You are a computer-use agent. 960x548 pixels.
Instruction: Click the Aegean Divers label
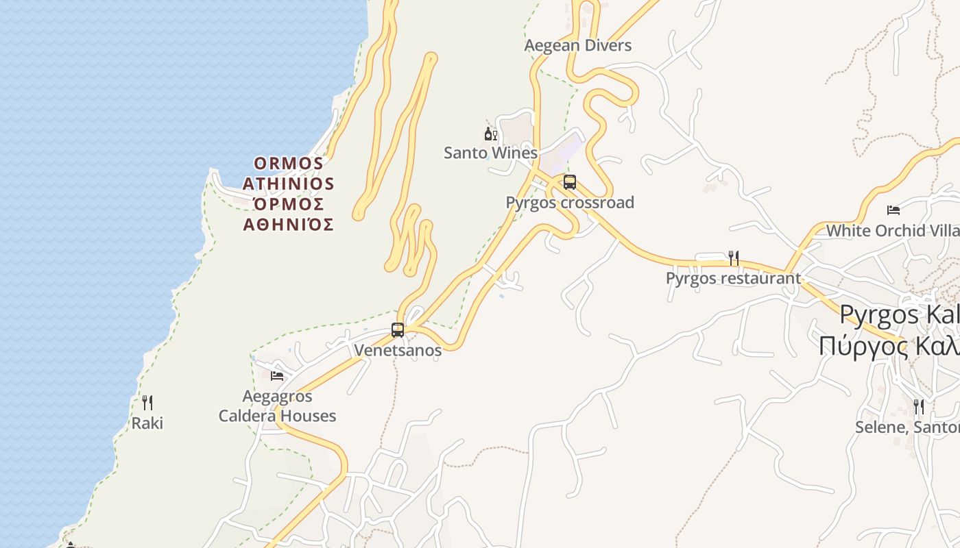[577, 46]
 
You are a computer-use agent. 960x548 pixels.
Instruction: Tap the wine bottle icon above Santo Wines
[491, 134]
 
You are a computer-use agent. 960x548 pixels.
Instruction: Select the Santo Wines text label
[490, 153]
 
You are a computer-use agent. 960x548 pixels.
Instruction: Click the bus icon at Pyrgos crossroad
[570, 182]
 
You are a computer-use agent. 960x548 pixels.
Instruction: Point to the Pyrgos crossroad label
[569, 203]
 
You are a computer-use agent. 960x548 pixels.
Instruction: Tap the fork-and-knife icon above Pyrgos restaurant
[733, 258]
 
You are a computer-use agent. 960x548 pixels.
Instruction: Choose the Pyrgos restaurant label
[733, 279]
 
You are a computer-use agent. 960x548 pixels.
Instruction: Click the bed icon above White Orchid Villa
[893, 210]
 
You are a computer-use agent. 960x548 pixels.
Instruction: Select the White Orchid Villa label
[892, 231]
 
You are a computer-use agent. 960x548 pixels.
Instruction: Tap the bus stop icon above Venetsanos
[398, 330]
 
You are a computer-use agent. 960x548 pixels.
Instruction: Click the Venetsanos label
[398, 350]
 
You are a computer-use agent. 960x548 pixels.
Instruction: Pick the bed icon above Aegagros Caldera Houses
[277, 375]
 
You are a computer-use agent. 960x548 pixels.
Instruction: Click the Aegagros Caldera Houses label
[277, 406]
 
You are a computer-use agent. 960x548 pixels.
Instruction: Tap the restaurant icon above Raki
[147, 403]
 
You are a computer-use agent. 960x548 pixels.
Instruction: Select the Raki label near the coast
[147, 423]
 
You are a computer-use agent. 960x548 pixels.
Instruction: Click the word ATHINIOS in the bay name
[288, 184]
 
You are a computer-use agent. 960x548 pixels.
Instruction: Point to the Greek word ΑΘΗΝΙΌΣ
[288, 225]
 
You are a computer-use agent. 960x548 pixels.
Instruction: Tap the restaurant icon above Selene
[919, 407]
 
